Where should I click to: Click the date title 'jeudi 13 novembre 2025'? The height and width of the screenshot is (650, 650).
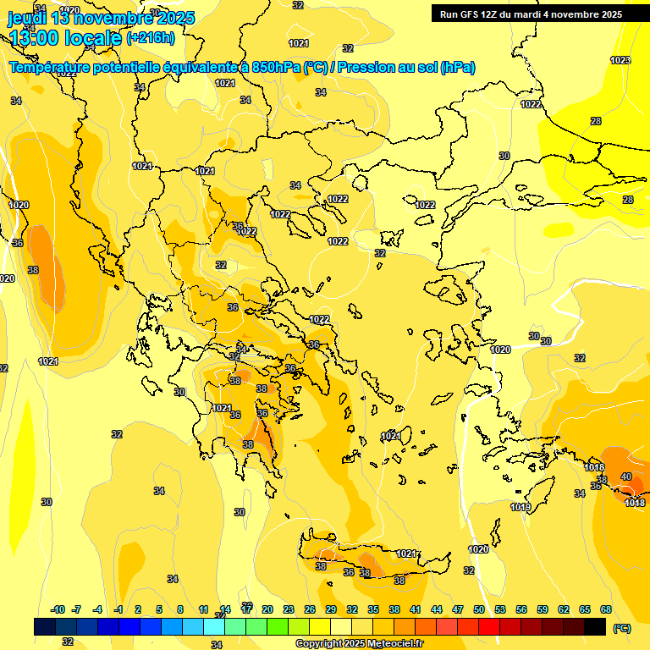point(101,18)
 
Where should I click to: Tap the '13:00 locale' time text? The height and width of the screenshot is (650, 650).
point(64,37)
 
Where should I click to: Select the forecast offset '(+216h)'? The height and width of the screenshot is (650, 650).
point(151,37)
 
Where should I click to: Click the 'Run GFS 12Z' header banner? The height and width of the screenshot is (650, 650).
point(528,14)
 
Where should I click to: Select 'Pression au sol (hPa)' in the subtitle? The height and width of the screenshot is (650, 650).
point(405,68)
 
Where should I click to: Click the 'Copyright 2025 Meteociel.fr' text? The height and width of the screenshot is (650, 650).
point(359,644)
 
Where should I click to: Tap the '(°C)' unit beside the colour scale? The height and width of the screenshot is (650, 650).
point(620,628)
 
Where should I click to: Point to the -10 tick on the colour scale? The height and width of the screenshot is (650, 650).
point(58,609)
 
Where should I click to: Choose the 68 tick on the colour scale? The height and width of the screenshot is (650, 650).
point(606,609)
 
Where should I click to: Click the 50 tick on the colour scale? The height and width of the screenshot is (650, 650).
point(479,609)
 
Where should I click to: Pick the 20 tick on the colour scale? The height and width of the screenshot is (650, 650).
point(267,609)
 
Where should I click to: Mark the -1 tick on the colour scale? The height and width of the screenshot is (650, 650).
point(118,609)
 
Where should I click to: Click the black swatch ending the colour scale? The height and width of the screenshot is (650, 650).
point(595,626)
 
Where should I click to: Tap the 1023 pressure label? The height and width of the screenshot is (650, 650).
point(620,60)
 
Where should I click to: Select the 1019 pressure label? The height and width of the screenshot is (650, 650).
point(521,507)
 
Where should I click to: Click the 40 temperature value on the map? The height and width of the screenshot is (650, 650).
point(626,476)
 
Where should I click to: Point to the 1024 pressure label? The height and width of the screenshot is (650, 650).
point(48,361)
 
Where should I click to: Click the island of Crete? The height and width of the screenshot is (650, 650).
point(372,561)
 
